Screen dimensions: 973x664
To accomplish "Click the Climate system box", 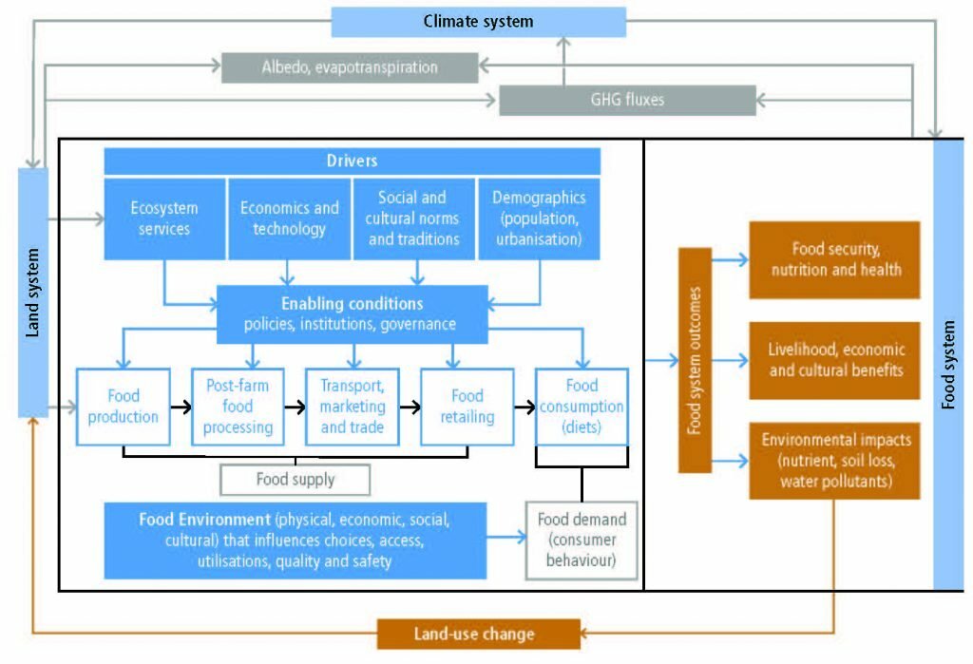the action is (479, 22).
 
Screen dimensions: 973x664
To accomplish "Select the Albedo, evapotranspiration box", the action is (350, 67).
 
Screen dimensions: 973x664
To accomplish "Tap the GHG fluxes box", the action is (627, 100).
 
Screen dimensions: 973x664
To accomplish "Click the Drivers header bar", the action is (352, 161).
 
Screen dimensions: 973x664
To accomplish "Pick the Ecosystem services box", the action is (164, 218).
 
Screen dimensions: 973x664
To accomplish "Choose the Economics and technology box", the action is (289, 218).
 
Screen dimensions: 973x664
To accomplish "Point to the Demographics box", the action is (540, 218).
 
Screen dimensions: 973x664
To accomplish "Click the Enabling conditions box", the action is (352, 314).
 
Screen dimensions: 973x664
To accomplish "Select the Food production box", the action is (124, 407).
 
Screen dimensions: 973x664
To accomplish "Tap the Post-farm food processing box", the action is (238, 407).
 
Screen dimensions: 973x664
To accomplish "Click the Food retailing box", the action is (467, 407).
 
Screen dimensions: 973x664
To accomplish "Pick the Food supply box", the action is (296, 480).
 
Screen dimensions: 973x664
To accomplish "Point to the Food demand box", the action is (582, 541).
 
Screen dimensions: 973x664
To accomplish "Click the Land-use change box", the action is (479, 634).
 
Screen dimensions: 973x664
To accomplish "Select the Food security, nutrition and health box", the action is (834, 259).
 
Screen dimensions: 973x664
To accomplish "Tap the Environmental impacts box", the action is (834, 461).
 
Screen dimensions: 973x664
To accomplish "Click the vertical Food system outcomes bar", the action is (695, 360).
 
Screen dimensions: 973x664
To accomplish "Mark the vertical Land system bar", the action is (33, 293).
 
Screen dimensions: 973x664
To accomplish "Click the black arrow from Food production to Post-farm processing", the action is (181, 408).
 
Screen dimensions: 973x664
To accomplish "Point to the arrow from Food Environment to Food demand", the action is (506, 537).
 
